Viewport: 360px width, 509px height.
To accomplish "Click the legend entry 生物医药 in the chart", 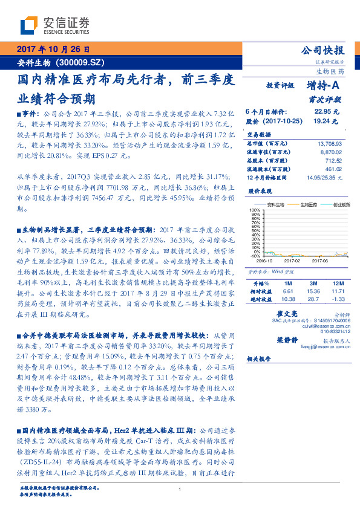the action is (312, 205).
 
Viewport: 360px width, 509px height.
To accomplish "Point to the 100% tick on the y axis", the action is (254, 210).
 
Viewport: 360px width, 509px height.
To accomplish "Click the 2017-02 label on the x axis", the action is (292, 261).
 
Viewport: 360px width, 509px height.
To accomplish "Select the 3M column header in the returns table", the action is (313, 283).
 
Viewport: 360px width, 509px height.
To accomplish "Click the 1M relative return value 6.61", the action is (287, 291).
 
